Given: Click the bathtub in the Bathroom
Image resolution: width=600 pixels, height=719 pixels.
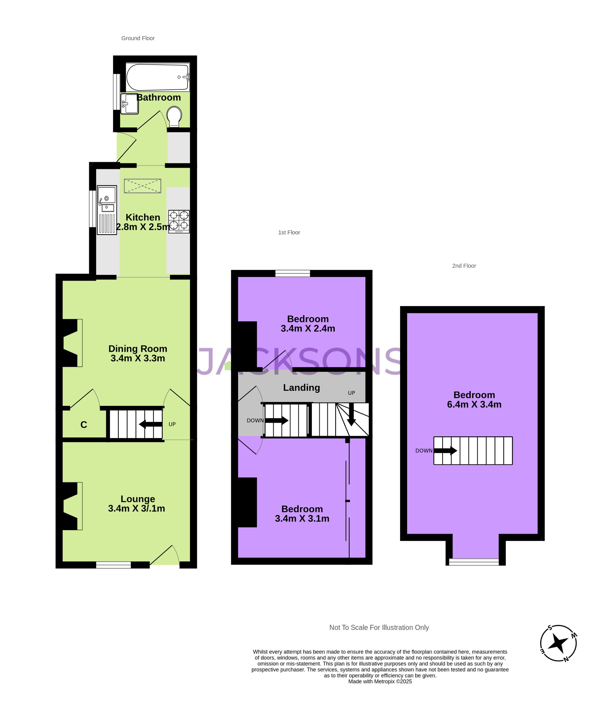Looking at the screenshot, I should [x=157, y=78].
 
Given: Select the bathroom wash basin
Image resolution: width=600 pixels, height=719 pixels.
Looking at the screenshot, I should [x=130, y=104].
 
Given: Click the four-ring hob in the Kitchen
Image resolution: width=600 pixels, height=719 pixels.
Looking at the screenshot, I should [x=179, y=222].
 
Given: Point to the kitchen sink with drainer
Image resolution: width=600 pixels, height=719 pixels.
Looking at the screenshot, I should [x=107, y=210].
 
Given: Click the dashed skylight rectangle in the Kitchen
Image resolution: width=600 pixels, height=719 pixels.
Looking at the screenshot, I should [x=143, y=186].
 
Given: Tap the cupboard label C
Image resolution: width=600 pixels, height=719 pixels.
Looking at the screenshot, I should [x=84, y=425].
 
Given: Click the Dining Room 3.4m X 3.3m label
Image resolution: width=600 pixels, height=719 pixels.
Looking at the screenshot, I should [x=138, y=354].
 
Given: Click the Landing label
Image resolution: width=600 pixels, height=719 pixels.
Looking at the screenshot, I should [x=301, y=388].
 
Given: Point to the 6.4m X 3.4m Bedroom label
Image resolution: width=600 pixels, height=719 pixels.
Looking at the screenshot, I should [x=474, y=400].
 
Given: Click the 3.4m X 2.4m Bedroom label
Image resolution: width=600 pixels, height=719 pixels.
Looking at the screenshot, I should [x=308, y=324].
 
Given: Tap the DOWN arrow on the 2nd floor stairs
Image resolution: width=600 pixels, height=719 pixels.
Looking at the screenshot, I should [x=445, y=450].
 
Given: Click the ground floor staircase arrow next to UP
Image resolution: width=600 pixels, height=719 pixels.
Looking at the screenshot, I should [x=150, y=424].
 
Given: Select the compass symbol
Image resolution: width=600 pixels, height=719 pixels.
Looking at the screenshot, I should [x=558, y=644].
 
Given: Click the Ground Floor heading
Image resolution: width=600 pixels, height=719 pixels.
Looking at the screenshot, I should [x=138, y=38].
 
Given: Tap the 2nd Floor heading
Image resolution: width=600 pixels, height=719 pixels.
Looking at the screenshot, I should [x=464, y=266].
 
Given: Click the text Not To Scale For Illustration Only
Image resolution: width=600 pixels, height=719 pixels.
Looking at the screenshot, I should [x=379, y=627].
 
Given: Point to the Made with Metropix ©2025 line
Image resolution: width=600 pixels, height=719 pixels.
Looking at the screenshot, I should [x=380, y=681].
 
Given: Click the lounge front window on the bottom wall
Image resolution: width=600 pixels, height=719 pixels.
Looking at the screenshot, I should [x=113, y=565].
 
